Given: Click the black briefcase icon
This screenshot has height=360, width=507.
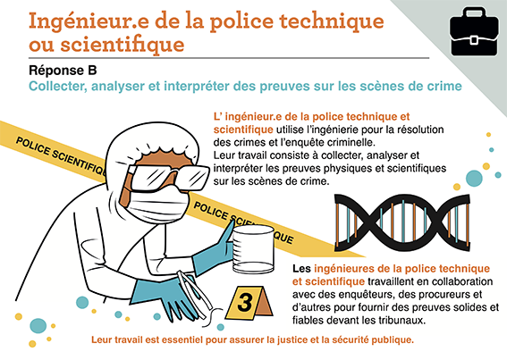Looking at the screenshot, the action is [x=474, y=32].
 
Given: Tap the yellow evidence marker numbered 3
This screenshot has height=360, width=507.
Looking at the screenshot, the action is [x=249, y=303].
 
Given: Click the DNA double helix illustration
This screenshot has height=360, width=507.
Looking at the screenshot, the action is [x=402, y=223].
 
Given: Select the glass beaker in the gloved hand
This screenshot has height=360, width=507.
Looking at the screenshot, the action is [x=254, y=249].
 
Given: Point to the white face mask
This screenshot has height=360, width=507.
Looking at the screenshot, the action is [x=157, y=204].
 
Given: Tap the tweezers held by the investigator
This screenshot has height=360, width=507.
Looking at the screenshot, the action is [x=195, y=294].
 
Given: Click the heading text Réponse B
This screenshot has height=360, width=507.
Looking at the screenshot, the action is [x=63, y=71].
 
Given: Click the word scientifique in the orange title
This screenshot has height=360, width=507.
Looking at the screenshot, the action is [x=123, y=45].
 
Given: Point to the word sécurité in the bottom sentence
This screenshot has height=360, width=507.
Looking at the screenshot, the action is [x=351, y=340].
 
